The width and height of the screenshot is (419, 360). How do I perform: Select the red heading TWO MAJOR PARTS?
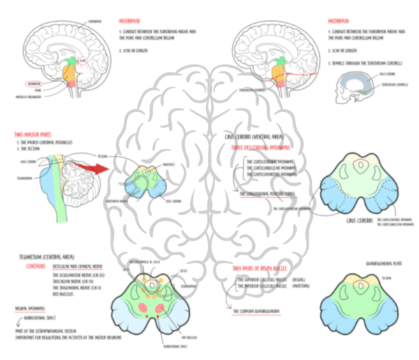click(x=31, y=134)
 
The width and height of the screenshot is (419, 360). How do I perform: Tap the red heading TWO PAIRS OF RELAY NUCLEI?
click(x=262, y=268)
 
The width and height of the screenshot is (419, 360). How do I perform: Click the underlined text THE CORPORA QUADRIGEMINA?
click(x=255, y=310)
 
